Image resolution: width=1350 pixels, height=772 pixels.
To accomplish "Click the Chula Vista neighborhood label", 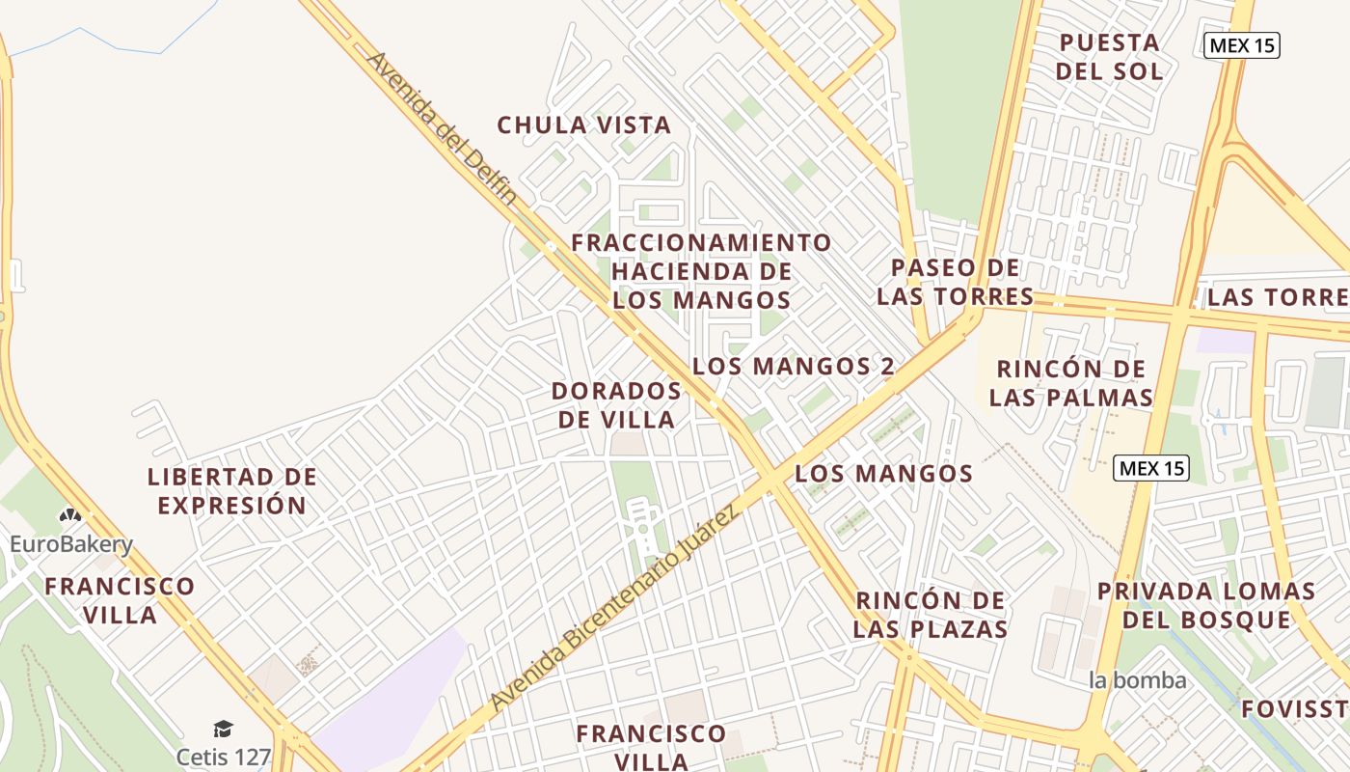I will (583, 125).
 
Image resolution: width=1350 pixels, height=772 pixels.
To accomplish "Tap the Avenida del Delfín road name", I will (442, 127).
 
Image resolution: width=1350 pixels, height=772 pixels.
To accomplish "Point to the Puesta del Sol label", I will (1109, 57).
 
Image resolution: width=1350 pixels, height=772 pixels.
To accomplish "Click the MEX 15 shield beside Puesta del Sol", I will (1242, 45).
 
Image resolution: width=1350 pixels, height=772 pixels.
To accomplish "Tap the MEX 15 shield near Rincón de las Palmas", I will (1151, 469).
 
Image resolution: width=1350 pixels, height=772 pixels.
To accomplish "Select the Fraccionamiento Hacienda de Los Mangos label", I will (701, 271).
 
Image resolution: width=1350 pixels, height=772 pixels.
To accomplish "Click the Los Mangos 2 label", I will (794, 367).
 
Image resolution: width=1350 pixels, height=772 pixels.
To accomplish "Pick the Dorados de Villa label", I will (616, 405).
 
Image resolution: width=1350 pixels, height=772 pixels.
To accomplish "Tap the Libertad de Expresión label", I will (231, 491).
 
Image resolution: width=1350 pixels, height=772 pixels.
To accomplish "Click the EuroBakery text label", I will (70, 545).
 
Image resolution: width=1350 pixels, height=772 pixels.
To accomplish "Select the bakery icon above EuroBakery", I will (69, 516).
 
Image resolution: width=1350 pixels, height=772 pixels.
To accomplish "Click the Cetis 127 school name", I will (223, 757).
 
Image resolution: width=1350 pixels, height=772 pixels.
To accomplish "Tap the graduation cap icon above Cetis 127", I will (223, 729).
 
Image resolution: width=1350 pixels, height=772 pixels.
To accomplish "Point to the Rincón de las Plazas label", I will (931, 615).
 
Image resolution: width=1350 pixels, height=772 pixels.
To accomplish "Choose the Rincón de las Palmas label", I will (1070, 383).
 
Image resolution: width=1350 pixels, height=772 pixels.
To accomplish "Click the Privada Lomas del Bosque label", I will (1206, 605).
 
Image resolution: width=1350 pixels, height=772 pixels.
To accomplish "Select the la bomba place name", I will (1137, 680).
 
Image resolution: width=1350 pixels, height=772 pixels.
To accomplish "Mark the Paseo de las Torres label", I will (955, 282).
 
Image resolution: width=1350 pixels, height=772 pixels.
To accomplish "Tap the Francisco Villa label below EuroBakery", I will (120, 600).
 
